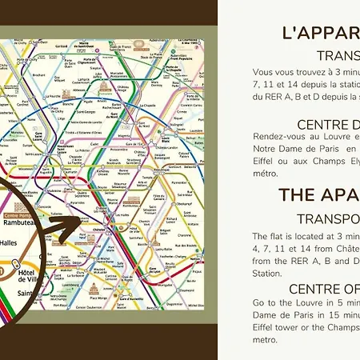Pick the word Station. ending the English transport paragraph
tap(267, 272)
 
